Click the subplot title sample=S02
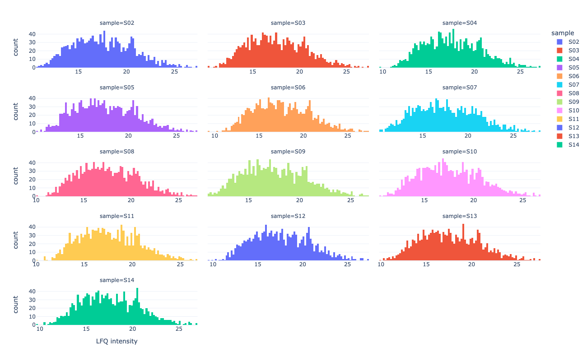(x=116, y=23)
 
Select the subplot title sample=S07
(x=460, y=87)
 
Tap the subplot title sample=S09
(x=288, y=151)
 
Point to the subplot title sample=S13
(x=460, y=216)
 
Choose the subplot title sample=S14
(x=116, y=280)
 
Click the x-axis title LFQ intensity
(x=116, y=341)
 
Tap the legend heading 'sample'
(x=563, y=33)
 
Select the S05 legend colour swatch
(x=559, y=67)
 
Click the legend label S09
(x=573, y=102)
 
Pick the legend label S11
(x=573, y=119)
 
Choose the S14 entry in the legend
(x=573, y=144)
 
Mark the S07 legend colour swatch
(x=559, y=84)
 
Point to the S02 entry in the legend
(x=573, y=42)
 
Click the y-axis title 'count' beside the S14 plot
(x=16, y=305)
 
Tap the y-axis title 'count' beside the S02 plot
(x=16, y=47)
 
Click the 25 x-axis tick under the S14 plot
(x=179, y=329)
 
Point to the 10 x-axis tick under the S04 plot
(x=383, y=71)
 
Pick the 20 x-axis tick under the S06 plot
(x=303, y=136)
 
